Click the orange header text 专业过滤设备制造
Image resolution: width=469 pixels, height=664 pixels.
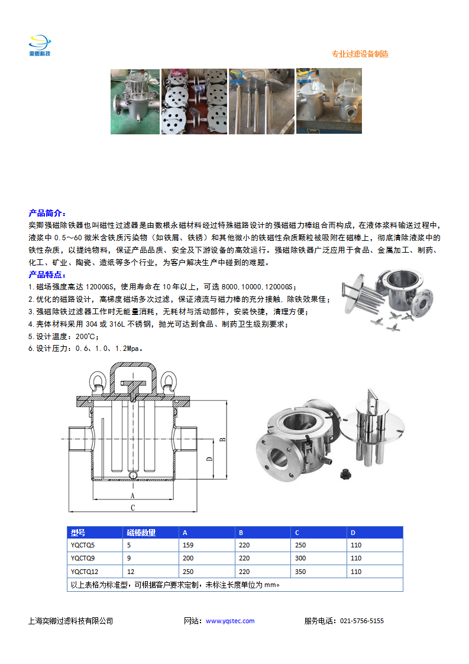[x=360, y=54]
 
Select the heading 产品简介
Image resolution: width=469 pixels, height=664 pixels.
[x=47, y=213]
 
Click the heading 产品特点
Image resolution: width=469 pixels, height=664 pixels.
[x=47, y=275]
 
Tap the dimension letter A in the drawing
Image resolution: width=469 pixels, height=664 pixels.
[x=132, y=495]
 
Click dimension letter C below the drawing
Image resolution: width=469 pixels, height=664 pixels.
[x=132, y=508]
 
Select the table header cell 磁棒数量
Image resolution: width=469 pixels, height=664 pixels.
[x=141, y=533]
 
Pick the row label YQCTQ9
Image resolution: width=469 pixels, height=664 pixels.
[x=83, y=558]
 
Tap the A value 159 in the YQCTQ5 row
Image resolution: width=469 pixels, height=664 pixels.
[x=189, y=545]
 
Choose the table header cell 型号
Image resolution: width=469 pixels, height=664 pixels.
[x=78, y=533]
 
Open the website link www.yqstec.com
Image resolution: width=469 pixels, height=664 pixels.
[x=230, y=621]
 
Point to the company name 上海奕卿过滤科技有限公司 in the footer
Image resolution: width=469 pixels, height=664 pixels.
[x=70, y=621]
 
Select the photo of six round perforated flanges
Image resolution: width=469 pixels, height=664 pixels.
[x=195, y=101]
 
